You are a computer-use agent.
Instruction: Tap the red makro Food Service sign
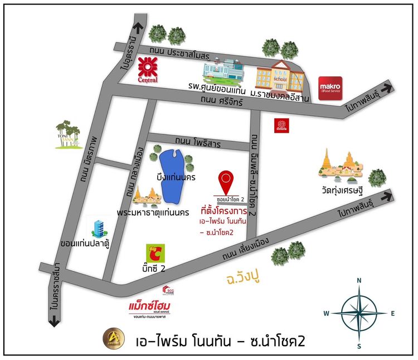coord(330,88)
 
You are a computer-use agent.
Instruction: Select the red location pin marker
coord(226,180)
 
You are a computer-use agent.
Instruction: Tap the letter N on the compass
coord(359,280)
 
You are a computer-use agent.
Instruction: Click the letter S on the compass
coord(359,346)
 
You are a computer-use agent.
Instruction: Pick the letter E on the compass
coord(392,313)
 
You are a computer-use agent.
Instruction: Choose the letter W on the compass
coord(326,313)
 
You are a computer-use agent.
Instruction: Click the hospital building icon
coord(222,72)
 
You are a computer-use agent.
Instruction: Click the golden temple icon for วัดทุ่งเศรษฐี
coord(341,166)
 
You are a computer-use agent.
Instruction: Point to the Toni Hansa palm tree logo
coord(69,134)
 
